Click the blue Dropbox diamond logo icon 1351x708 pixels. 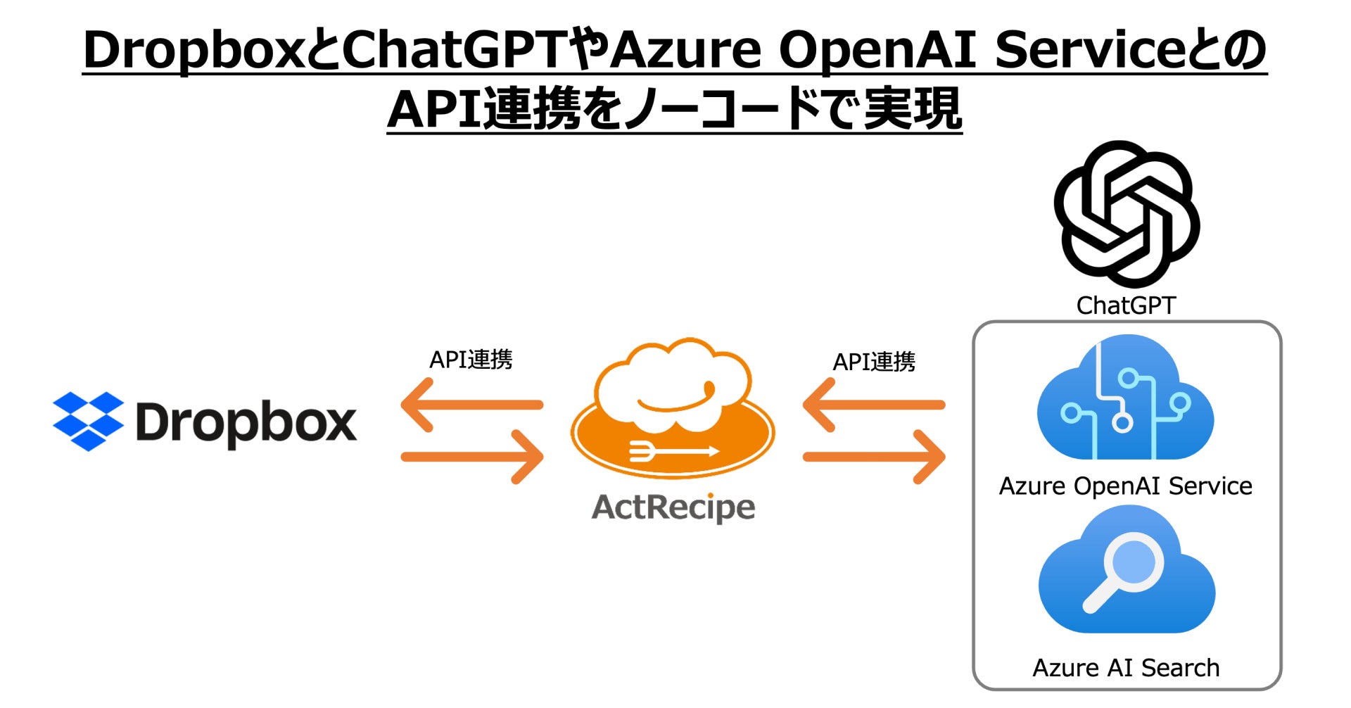coord(88,421)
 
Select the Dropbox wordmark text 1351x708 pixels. coord(246,422)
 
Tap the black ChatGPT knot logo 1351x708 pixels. coord(1126,213)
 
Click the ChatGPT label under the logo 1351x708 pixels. coord(1126,305)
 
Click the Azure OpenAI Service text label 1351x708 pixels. coord(1125,486)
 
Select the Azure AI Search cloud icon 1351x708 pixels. coord(1127,570)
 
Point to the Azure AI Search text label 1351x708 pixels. coord(1126,667)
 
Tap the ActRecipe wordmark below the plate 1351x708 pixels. coord(673,507)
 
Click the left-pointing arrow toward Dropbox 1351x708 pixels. coord(471,405)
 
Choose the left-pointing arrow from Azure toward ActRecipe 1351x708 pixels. coord(873,405)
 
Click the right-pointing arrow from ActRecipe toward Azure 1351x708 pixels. coord(875,457)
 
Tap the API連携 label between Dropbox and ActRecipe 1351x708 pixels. coord(471,360)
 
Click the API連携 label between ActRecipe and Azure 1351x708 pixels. coord(874,362)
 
